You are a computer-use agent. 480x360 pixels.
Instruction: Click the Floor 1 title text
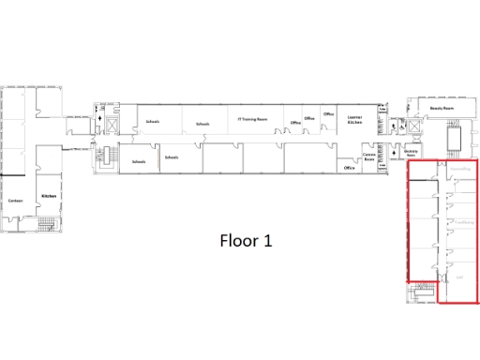pos(246,240)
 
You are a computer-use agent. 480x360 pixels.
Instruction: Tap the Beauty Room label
pos(442,109)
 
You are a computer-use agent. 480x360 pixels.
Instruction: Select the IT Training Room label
pos(253,119)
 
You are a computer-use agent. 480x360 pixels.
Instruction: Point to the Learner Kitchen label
pos(354,119)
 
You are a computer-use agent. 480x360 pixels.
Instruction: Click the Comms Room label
pos(368,158)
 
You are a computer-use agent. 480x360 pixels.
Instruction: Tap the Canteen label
pos(15,200)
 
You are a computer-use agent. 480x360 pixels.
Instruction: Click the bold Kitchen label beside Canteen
pos(49,195)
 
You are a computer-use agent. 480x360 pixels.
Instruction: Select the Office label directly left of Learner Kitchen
pos(328,114)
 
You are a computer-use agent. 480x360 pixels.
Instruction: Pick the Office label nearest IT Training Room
pos(295,123)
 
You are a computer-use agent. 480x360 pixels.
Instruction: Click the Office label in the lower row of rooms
pos(349,169)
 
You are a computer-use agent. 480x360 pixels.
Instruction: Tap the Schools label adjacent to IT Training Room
pos(202,124)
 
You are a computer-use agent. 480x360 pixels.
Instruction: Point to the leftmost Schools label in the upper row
pos(153,122)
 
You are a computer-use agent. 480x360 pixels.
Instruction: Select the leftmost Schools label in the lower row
pos(139,161)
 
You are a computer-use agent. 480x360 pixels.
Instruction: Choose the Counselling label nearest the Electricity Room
pos(458,170)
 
